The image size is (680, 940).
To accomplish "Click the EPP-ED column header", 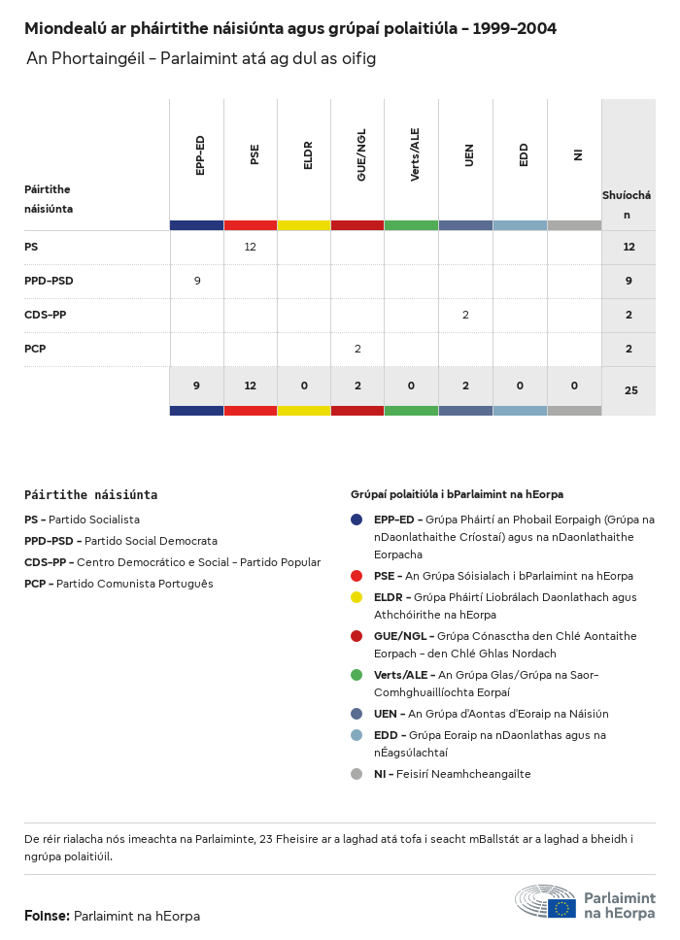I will tap(200, 155).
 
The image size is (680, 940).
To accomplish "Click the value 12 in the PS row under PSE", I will tap(251, 248).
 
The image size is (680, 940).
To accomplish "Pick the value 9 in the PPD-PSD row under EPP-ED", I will tap(197, 281).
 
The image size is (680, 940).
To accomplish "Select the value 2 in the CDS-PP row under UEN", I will tap(465, 315).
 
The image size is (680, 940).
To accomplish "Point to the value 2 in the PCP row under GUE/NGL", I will tap(357, 349).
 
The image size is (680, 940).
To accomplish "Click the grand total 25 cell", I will tap(630, 390).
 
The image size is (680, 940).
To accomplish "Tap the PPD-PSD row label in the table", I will tap(49, 281).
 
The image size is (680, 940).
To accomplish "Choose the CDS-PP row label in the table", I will tap(46, 315).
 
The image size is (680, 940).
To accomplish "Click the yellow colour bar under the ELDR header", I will tap(304, 225).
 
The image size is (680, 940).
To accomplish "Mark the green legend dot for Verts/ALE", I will tap(357, 675).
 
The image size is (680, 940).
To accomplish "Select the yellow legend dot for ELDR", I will tap(357, 597).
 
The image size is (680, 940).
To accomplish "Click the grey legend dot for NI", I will tap(357, 774).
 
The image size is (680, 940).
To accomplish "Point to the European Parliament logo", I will tap(585, 902).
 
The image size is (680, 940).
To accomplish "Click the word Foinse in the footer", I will tap(46, 916).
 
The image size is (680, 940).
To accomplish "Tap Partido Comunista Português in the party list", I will tap(134, 584).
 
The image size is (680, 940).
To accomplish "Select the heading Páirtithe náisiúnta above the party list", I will tap(90, 494).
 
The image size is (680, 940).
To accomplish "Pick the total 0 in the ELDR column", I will tap(304, 386).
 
